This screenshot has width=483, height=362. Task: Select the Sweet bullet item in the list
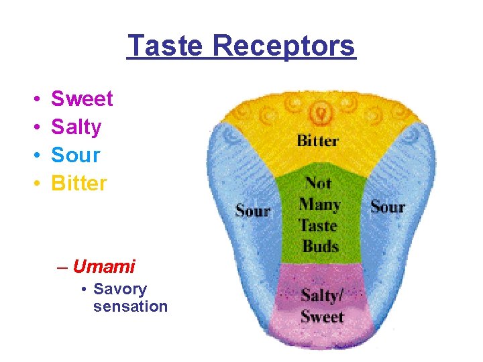click(x=82, y=99)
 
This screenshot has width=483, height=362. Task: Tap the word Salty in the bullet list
click(x=76, y=127)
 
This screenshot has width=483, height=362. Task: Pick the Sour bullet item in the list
click(x=76, y=156)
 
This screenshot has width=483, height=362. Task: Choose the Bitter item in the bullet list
click(x=79, y=183)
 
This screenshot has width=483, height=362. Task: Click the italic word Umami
click(x=104, y=267)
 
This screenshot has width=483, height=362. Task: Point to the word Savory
click(x=120, y=290)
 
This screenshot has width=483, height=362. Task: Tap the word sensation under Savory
click(x=130, y=306)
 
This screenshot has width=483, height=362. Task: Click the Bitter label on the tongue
click(x=317, y=141)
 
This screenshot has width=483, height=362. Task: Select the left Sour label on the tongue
click(x=253, y=210)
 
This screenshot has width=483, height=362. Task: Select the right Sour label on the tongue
click(x=388, y=206)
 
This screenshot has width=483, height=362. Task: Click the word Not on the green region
click(x=319, y=182)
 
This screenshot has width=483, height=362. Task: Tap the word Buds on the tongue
click(x=321, y=245)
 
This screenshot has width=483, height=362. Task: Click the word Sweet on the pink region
click(x=322, y=317)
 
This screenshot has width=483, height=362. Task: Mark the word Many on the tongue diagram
click(x=320, y=204)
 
